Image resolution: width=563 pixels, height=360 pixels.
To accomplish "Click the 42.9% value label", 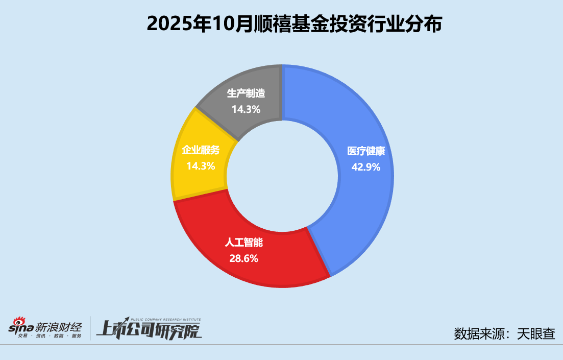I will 366,167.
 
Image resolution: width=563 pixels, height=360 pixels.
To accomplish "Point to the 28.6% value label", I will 244,258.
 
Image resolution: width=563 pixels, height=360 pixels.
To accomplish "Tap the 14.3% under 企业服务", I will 201,166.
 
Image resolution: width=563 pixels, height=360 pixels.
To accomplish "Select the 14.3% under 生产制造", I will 247,109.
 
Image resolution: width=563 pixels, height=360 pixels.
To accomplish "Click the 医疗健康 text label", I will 366,151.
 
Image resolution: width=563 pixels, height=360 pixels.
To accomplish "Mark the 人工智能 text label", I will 244,243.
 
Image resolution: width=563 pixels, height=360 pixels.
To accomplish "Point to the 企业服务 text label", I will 201,150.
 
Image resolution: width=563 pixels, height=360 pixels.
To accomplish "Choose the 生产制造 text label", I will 247,94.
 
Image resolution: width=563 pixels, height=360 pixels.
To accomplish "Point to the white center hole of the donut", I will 282,176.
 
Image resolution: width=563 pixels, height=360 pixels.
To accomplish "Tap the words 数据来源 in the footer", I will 475,334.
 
